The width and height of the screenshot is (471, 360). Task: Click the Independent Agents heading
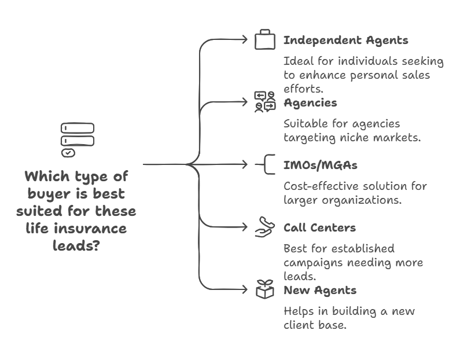[x=346, y=41]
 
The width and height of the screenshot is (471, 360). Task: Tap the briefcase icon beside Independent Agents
[x=265, y=39]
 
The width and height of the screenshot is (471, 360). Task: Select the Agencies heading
[x=310, y=103]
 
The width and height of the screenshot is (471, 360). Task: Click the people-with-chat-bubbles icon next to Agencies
[x=265, y=102]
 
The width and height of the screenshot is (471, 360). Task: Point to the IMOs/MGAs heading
[x=321, y=165]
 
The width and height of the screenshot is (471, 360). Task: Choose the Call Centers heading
[x=319, y=227]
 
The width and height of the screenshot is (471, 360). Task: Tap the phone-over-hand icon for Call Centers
[x=265, y=227]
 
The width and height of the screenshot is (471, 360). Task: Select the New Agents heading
[x=320, y=291]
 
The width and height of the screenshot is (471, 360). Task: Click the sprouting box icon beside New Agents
[x=265, y=289]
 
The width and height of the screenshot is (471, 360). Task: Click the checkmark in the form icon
[x=68, y=153]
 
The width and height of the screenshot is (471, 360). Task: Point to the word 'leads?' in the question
[x=76, y=245]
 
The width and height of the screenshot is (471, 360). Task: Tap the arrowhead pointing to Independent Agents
[x=245, y=39]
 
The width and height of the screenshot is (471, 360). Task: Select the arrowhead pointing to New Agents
[x=245, y=289]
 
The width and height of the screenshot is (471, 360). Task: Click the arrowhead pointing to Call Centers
[x=245, y=227]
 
